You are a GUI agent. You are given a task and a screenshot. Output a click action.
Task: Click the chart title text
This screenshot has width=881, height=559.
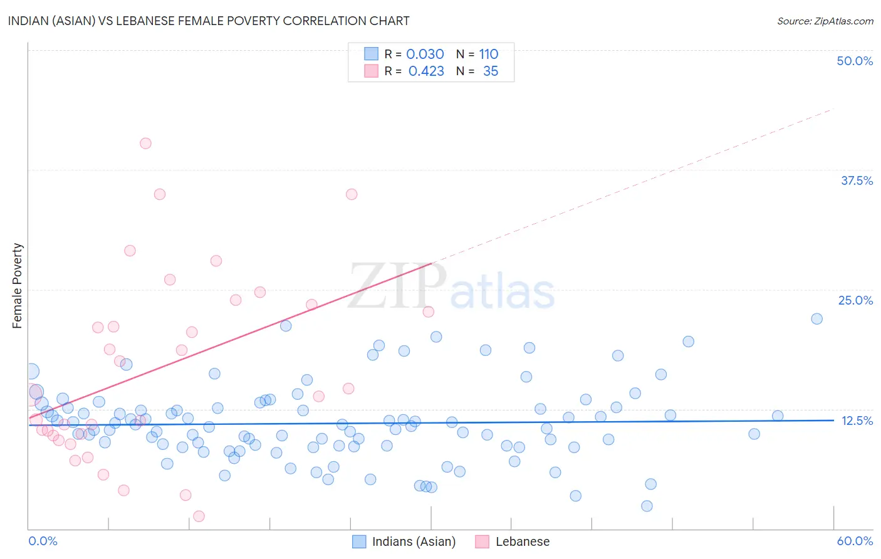pyautogui.click(x=209, y=21)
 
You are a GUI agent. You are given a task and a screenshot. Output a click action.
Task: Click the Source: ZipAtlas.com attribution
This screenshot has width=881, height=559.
pyautogui.click(x=825, y=21)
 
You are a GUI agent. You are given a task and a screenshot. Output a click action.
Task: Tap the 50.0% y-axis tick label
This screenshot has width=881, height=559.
pyautogui.click(x=855, y=61)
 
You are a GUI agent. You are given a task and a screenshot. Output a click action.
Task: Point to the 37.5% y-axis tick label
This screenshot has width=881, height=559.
pyautogui.click(x=857, y=180)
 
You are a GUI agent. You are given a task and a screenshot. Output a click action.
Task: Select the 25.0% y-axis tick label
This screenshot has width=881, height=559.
pyautogui.click(x=855, y=300)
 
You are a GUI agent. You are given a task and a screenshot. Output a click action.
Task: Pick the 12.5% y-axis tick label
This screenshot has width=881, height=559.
pyautogui.click(x=857, y=421)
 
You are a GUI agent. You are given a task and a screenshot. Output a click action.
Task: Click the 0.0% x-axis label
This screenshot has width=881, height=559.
pyautogui.click(x=43, y=541)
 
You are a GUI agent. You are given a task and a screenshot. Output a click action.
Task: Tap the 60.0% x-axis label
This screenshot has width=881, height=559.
pyautogui.click(x=855, y=541)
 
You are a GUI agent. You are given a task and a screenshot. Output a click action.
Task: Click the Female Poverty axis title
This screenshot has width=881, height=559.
pyautogui.click(x=18, y=286)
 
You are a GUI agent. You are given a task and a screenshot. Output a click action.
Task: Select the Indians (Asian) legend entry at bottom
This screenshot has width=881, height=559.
pyautogui.click(x=414, y=541)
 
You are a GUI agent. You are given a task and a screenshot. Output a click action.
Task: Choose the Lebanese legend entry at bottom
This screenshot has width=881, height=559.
pyautogui.click(x=522, y=541)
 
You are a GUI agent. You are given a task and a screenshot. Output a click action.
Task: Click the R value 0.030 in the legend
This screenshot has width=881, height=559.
pyautogui.click(x=425, y=54)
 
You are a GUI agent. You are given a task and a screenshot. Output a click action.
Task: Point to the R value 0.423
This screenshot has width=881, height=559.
pyautogui.click(x=426, y=71)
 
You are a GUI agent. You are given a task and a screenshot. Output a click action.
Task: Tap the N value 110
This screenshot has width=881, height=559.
pyautogui.click(x=489, y=54)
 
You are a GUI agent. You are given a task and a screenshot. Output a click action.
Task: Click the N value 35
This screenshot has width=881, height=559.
pyautogui.click(x=491, y=71)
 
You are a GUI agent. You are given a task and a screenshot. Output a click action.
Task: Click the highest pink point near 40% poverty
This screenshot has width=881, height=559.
pyautogui.click(x=145, y=143)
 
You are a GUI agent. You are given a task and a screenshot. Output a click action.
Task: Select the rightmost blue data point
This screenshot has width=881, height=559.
pyautogui.click(x=816, y=318)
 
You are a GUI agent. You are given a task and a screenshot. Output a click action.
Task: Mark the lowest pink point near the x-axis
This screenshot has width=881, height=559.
pyautogui.click(x=199, y=516)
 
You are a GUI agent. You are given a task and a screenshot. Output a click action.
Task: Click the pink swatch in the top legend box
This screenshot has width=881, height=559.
pyautogui.click(x=372, y=71)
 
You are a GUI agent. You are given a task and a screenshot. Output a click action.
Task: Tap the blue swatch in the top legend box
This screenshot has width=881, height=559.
pyautogui.click(x=372, y=54)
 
